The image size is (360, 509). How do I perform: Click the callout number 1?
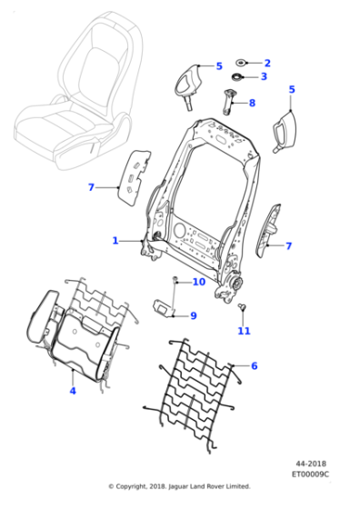(x=115, y=240)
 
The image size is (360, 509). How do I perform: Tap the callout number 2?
(x=266, y=63)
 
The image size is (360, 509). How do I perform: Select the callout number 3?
(x=264, y=77)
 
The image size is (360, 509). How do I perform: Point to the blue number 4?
(x=73, y=391)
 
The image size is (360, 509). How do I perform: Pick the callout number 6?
(x=254, y=366)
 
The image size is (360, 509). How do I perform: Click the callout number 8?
(x=252, y=104)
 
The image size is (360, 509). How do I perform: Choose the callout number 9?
(x=193, y=315)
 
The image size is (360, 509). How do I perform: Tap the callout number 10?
(x=198, y=283)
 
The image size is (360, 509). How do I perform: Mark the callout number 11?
(x=243, y=331)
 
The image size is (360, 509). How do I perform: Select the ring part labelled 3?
(x=236, y=78)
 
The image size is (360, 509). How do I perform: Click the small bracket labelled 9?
(x=165, y=309)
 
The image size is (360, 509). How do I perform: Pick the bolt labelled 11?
(x=242, y=310)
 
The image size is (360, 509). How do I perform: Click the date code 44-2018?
(x=309, y=464)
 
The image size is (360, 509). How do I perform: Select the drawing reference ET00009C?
(x=310, y=474)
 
